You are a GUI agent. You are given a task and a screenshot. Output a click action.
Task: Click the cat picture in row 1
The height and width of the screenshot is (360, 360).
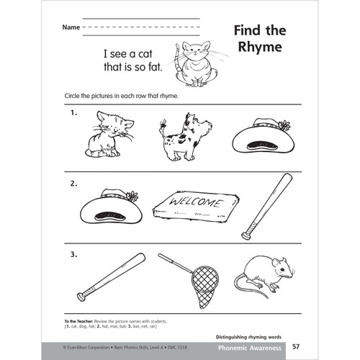pyautogui.click(x=108, y=134)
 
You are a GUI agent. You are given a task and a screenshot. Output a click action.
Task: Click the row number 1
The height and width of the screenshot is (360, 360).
pyautogui.click(x=74, y=113)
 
